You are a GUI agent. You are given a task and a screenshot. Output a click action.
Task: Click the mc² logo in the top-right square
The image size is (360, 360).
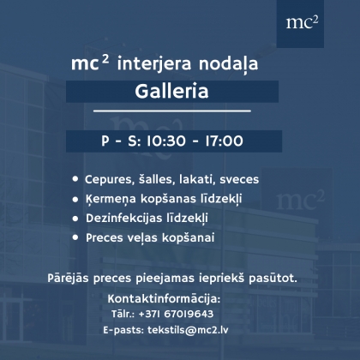302,22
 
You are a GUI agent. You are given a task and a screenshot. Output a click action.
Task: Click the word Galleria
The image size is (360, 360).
171,91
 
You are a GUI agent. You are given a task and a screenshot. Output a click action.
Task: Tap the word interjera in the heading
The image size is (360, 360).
153,64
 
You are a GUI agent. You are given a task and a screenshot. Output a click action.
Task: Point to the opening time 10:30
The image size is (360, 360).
166,141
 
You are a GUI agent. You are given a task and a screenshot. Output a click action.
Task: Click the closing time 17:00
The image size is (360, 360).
224,141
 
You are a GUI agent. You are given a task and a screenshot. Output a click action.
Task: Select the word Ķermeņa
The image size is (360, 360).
111,199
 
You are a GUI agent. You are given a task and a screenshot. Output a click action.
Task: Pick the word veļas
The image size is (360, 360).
141,237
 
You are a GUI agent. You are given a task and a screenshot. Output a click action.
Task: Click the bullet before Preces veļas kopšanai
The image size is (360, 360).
75,237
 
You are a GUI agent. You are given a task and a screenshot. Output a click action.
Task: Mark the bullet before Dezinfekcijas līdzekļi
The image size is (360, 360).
75,219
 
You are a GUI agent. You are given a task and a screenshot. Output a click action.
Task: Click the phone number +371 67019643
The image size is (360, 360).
176,314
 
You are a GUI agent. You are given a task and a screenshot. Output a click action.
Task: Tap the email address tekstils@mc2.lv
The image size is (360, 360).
188,330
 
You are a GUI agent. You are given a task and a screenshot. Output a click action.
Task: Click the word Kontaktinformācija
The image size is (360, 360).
164,299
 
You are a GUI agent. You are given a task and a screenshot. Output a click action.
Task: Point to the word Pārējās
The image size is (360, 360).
68,278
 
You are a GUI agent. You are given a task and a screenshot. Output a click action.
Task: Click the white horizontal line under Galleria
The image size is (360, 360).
172,111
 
